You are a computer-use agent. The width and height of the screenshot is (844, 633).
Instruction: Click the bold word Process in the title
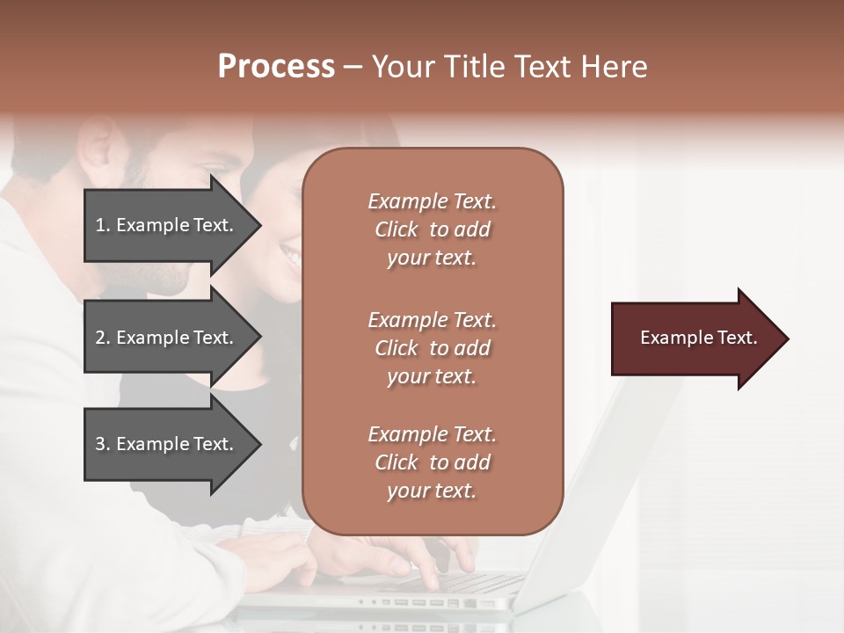[276, 67]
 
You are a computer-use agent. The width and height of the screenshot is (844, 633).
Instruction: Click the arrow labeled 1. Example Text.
[167, 225]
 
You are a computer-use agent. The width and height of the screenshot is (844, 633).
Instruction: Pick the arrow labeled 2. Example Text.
[167, 338]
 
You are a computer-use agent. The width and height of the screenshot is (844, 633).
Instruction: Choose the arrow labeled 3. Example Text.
[167, 444]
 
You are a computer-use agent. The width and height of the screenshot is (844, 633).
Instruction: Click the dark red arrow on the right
[695, 338]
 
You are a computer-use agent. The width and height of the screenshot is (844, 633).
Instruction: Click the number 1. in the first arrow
[103, 225]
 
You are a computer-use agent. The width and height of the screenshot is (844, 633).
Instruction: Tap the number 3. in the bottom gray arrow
[103, 444]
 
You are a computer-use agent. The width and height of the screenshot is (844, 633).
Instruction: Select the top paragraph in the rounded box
[432, 229]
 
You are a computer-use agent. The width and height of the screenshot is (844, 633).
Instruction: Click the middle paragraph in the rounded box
[432, 348]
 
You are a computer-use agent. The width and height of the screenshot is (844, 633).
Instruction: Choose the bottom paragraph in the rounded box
[432, 462]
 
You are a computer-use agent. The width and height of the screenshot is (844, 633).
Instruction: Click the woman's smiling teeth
[290, 255]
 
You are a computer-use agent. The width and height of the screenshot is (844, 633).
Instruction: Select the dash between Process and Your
[353, 68]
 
